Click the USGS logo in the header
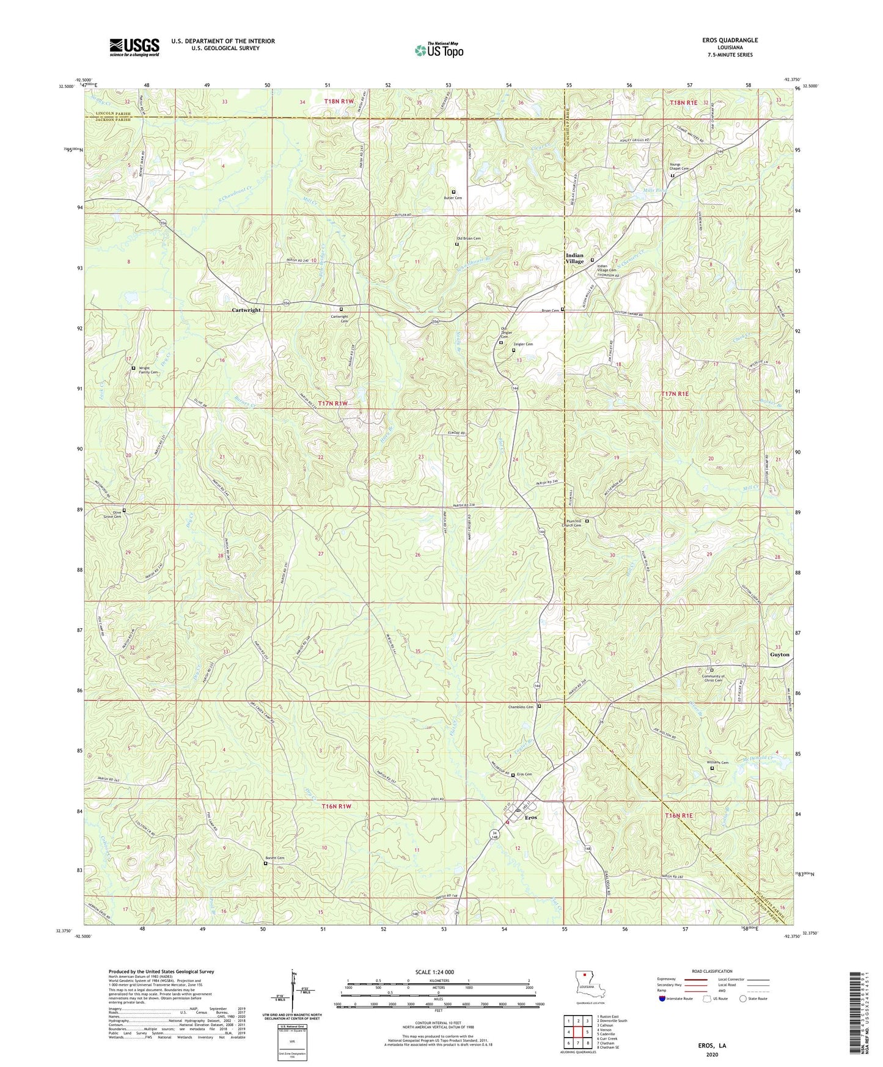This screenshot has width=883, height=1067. coord(134,46)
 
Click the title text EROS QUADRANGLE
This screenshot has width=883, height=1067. coord(730,40)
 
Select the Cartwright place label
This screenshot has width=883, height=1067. coord(246,310)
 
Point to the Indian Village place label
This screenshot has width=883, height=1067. coord(574,258)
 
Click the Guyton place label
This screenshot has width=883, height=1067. coord(779,654)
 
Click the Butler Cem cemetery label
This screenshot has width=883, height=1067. coord(453,198)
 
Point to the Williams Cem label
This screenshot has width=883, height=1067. coord(719,763)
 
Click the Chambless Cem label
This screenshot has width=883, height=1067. coord(521,707)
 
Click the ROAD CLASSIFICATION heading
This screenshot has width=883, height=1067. coord(713,971)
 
